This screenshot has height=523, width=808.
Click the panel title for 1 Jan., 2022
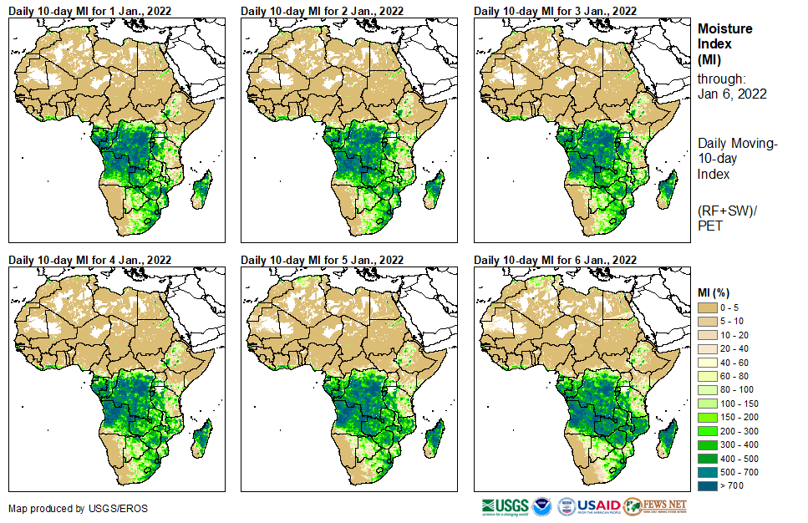[90, 11]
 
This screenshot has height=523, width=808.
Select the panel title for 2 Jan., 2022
[323, 11]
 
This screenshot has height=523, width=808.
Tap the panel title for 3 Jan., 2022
[556, 11]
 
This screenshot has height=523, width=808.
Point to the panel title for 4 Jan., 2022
[90, 260]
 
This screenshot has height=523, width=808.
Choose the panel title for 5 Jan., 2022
[323, 260]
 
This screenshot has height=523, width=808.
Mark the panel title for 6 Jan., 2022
[556, 260]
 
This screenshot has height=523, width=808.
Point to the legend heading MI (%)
[716, 292]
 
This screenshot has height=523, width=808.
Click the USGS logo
[505, 506]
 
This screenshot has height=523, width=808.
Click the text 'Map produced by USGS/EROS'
[65, 509]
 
